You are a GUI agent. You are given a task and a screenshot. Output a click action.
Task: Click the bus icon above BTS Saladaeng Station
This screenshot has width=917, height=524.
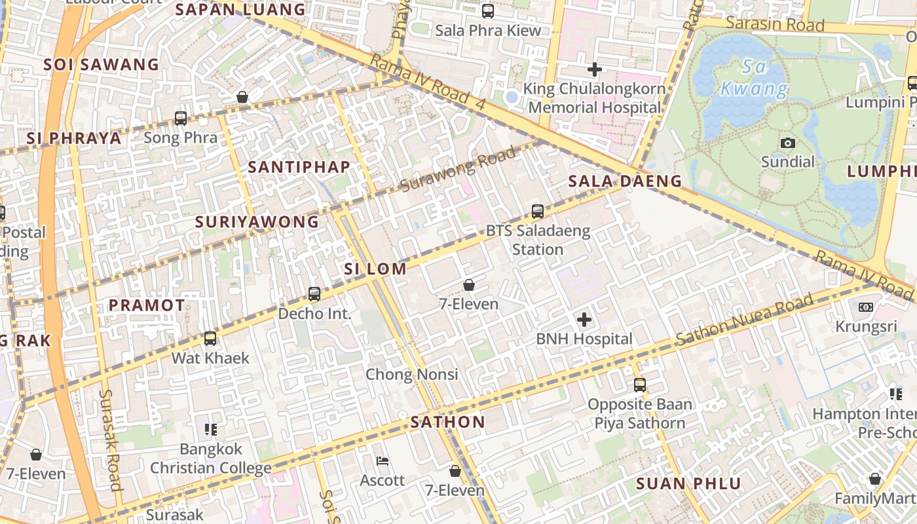[538, 211]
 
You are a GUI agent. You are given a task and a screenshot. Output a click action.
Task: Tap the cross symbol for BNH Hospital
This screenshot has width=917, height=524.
[584, 320]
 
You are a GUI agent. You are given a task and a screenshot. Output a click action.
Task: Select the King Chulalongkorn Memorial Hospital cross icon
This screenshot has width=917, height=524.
[594, 69]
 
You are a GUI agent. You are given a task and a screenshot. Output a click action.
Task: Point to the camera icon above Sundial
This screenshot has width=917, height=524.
[788, 143]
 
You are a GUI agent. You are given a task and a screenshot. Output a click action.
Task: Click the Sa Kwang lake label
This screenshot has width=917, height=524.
[755, 78]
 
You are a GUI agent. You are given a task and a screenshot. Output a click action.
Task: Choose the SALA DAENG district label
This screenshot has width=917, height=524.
[625, 181]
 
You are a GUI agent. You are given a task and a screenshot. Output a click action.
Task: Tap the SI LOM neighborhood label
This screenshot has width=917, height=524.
[375, 269]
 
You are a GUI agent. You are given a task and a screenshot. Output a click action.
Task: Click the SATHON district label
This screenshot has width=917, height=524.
[448, 422]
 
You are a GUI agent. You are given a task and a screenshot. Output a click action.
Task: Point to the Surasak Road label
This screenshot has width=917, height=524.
[110, 440]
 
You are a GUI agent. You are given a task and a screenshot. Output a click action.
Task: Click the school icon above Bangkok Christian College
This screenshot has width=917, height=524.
[210, 430]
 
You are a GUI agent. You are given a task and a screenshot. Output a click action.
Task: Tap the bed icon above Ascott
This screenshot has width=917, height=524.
[383, 461]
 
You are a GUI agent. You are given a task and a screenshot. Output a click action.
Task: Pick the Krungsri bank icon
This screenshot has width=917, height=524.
[865, 307]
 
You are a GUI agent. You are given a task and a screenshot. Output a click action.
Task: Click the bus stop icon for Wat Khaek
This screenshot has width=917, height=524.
[210, 338]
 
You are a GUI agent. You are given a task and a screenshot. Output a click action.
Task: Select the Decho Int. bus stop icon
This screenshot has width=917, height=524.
[314, 294]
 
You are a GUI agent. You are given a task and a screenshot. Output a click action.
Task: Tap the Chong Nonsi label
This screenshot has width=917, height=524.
[411, 375]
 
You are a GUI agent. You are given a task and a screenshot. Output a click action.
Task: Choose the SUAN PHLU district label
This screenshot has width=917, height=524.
[688, 484]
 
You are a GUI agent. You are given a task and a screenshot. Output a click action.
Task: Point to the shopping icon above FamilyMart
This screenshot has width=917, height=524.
[874, 479]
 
